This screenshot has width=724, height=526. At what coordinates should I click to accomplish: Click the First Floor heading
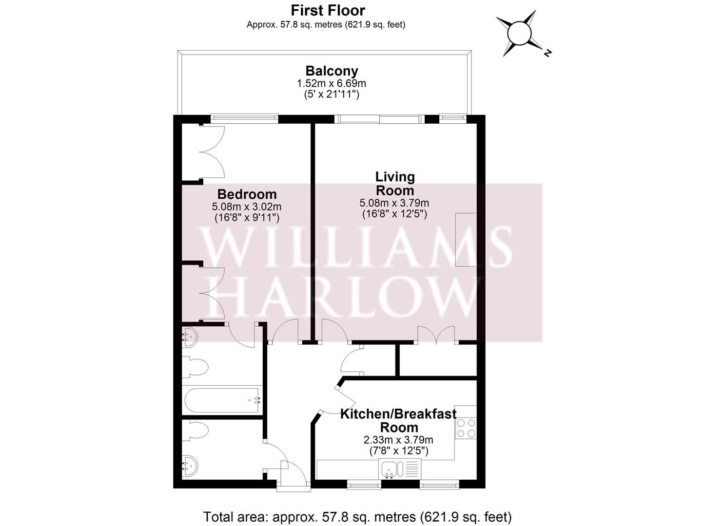(328, 10)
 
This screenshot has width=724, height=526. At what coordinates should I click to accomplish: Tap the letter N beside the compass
(548, 53)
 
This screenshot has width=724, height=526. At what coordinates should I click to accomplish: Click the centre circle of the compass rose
(519, 34)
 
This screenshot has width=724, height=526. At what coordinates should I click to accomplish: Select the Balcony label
(332, 71)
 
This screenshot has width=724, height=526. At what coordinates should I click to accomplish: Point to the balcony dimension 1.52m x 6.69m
(332, 83)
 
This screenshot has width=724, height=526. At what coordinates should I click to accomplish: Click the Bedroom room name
(247, 194)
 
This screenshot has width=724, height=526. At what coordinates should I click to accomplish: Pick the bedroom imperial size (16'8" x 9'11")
(247, 218)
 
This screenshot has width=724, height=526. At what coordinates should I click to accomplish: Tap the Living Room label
(394, 183)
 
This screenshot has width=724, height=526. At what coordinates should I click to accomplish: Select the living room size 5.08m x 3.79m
(394, 203)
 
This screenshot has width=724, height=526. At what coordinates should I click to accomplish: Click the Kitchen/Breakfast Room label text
(398, 420)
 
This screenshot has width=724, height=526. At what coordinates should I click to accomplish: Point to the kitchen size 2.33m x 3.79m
(398, 440)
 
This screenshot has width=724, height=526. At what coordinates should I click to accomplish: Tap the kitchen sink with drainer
(398, 470)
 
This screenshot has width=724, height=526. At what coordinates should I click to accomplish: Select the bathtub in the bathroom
(222, 400)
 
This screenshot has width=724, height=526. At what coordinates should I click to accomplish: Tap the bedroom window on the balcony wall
(244, 117)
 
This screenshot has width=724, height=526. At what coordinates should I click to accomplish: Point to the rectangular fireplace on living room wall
(466, 239)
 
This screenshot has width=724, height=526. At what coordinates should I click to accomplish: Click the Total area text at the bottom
(357, 516)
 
